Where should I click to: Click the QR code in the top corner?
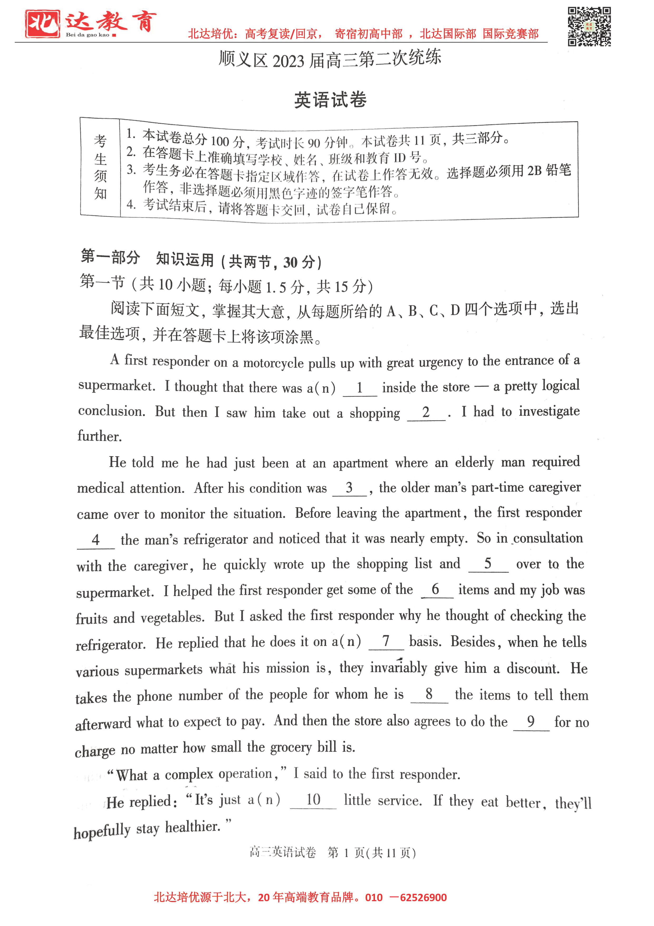click(x=589, y=27)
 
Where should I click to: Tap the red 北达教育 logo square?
click(x=42, y=24)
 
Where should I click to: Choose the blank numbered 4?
click(x=96, y=540)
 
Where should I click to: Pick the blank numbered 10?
click(x=313, y=800)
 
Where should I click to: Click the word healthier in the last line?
click(x=193, y=827)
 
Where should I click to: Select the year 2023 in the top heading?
click(x=288, y=61)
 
